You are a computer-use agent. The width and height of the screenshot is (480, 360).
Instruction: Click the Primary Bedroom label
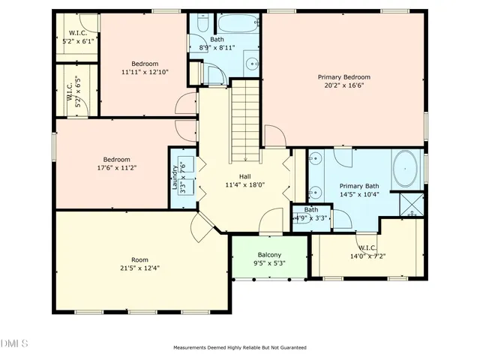point(343,76)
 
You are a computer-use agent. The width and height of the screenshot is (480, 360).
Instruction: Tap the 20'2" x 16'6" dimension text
point(343,85)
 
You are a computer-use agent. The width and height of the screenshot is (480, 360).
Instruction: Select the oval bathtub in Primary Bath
point(405,169)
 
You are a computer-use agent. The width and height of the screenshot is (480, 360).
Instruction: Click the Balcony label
point(269,255)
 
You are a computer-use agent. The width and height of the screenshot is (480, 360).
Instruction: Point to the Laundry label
point(175,177)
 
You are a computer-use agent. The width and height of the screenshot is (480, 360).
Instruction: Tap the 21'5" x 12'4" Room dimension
point(140,268)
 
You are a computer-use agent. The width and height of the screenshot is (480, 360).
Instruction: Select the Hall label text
point(244,176)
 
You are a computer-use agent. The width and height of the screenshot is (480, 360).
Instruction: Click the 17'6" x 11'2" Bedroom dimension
point(117,168)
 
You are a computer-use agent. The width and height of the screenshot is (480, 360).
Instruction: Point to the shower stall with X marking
point(411,205)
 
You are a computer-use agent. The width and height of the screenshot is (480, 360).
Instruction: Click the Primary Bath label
point(360,186)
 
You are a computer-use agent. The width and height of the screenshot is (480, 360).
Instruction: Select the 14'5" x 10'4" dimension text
point(360,194)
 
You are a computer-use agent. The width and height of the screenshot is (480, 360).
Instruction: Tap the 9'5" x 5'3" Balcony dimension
point(269,263)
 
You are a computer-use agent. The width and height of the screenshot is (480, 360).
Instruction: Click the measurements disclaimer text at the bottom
point(240,347)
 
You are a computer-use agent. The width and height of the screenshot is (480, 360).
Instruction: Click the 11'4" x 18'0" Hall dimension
point(244,184)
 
